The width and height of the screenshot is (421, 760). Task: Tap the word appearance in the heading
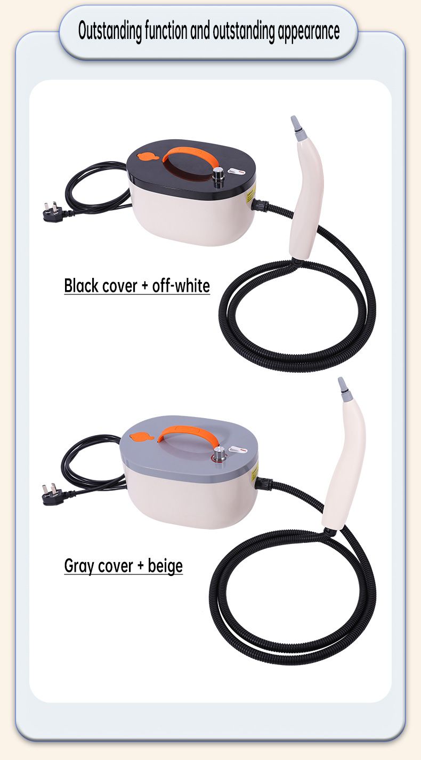309,32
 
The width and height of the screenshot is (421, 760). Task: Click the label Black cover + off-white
137,286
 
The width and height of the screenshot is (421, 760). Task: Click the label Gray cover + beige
124,566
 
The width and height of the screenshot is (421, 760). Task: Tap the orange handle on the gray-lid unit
190,434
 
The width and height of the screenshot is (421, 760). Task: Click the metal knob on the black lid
217,177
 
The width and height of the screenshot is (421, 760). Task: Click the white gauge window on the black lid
237,172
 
